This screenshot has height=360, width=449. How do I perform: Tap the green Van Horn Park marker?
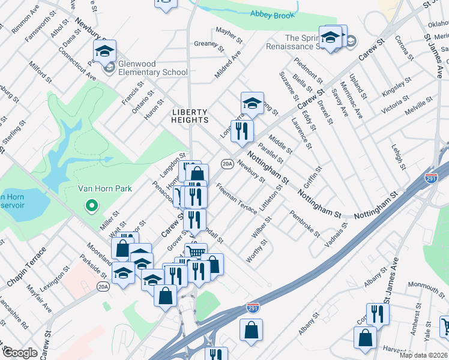click(92, 206)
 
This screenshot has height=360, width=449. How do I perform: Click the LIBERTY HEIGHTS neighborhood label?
click(190, 116)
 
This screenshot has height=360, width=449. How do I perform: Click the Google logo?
click(19, 353)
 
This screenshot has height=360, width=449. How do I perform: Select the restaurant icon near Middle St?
click(242, 130)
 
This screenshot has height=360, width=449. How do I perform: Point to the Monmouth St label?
click(426, 283)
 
